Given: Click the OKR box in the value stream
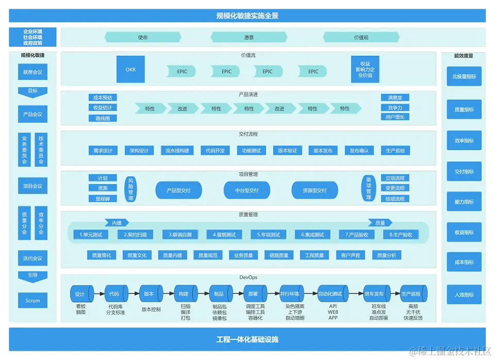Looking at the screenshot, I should tap(130, 70).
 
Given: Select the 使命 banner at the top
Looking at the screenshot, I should tap(143, 37).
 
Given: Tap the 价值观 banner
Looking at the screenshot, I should tap(361, 37).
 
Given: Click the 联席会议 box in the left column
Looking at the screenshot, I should tap(32, 72).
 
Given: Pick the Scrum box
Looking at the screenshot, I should tap(32, 300).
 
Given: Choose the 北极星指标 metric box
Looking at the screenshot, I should tap(464, 76).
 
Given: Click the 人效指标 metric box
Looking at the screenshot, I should tap(464, 294).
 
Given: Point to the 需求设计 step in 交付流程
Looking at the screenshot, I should tap(103, 151).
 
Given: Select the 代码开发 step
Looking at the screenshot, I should tap(215, 151).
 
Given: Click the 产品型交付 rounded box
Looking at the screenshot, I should tap(178, 190).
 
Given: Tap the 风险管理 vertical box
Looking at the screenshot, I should tap(130, 189).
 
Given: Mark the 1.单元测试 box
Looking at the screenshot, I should tap(91, 235).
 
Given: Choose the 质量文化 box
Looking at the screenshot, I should tap(137, 255).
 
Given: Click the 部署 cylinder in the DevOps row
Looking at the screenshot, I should tap(253, 294).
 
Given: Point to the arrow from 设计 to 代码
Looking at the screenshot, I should tap(99, 294).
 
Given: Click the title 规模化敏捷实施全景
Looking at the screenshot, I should tap(247, 16).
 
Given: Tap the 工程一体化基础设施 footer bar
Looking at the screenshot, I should tap(247, 339).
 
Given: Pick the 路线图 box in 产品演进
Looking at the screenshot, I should tap(103, 118).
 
